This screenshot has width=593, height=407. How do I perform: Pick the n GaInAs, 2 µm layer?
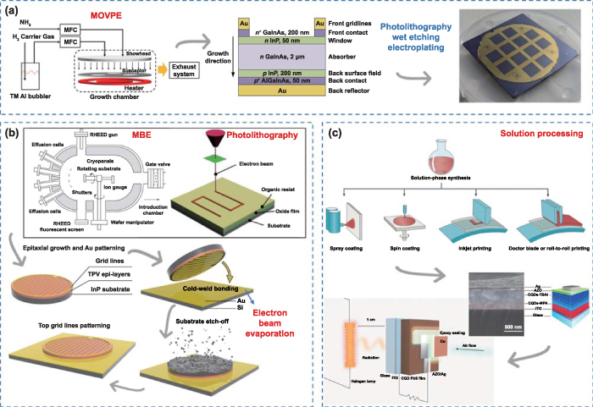[271, 58]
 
